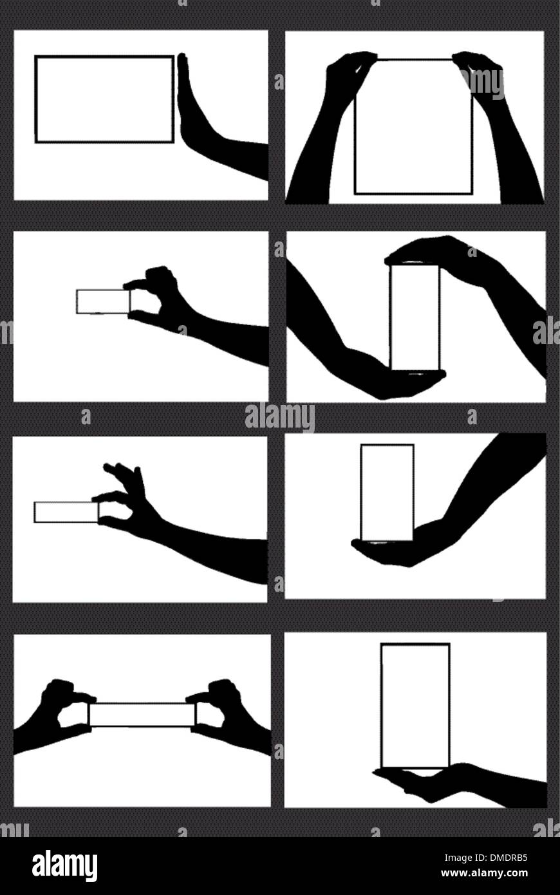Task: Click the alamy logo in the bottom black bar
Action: point(64,865)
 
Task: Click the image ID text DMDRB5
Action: point(502,857)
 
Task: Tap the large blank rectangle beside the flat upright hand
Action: point(104,99)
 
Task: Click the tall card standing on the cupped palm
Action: point(387,491)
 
